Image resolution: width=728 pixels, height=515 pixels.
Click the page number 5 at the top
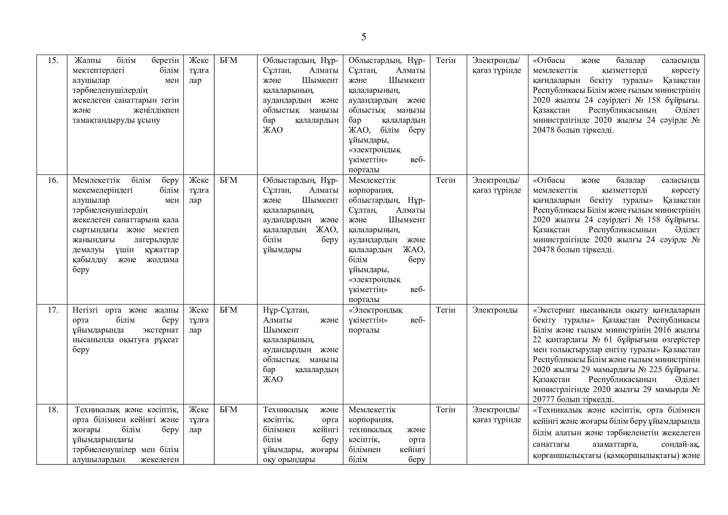tap(363, 37)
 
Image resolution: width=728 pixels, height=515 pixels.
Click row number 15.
tap(53, 60)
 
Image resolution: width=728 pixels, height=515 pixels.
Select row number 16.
tap(53, 180)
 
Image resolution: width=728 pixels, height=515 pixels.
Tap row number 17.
tap(53, 310)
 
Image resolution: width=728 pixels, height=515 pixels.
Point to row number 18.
tap(53, 409)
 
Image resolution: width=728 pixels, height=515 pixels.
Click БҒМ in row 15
tap(228, 60)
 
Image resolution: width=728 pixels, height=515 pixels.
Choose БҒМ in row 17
tap(228, 310)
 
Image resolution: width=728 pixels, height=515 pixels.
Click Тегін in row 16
tap(445, 180)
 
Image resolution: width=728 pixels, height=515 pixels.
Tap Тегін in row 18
tap(445, 409)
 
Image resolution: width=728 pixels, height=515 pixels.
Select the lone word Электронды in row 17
tap(495, 310)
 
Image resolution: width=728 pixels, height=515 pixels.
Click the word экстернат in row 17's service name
tap(161, 330)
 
